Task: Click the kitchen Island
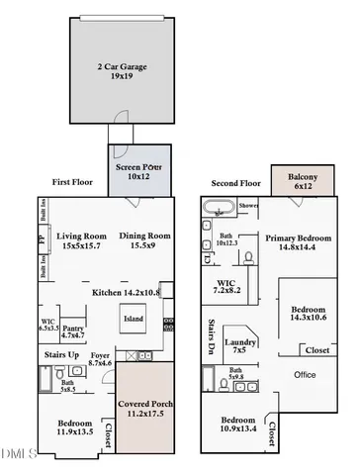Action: click(133, 321)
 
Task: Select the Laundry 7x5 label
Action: click(239, 344)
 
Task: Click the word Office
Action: click(306, 374)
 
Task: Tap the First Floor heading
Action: click(75, 182)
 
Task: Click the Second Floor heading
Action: click(235, 183)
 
